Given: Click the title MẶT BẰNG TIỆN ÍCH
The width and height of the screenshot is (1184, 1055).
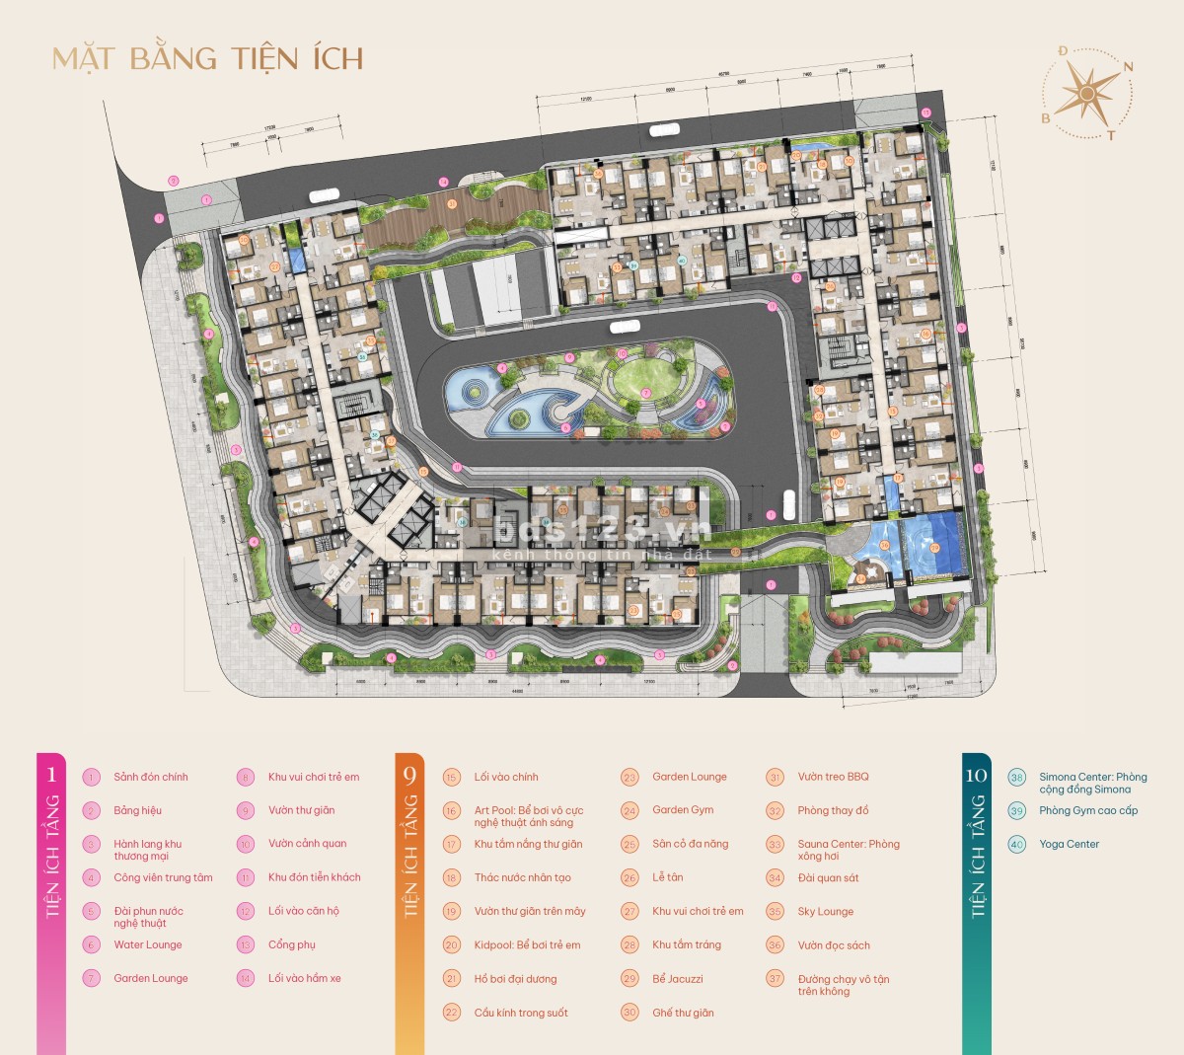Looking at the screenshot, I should tap(208, 58).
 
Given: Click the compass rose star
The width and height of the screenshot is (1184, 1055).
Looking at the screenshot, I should tap(1086, 94).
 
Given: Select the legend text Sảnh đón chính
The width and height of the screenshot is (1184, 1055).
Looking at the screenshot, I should tap(150, 777).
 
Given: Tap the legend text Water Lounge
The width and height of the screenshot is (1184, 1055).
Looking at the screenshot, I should tap(148, 944).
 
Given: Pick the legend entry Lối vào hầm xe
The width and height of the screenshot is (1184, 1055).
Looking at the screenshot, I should tap(304, 978).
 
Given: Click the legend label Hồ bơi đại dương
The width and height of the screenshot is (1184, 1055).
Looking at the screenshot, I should tap(515, 979).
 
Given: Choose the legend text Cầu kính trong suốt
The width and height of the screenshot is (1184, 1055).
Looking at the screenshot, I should tap(520, 1013).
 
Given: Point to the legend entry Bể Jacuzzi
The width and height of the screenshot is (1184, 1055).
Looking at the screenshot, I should tap(677, 979).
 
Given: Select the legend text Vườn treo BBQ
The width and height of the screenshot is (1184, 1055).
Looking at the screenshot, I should tap(833, 777).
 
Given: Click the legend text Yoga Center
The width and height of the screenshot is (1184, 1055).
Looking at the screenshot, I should tap(1069, 844).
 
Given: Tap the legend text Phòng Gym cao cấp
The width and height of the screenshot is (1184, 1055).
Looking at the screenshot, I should tap(1087, 810).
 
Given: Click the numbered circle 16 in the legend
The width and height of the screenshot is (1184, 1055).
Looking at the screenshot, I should tap(452, 811).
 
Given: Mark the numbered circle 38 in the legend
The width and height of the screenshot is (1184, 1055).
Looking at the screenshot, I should tap(1016, 778).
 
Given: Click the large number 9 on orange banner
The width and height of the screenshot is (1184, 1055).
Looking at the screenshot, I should tap(409, 775).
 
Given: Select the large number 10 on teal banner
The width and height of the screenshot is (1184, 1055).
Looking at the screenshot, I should tap(976, 775).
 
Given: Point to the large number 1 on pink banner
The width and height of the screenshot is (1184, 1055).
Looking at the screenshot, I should tap(51, 775).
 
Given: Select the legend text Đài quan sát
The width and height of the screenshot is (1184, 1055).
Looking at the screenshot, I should tap(828, 877).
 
